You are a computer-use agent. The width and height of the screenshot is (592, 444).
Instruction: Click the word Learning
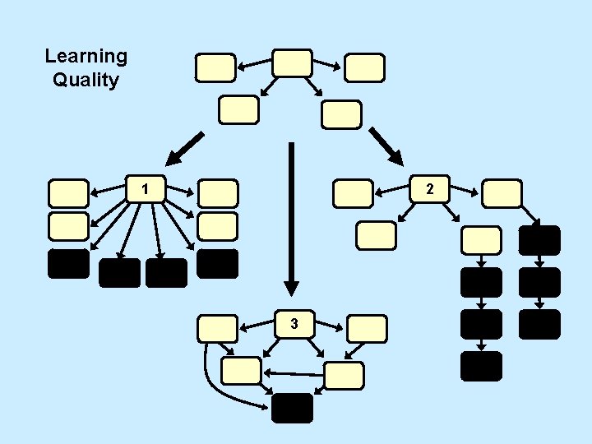[86, 57]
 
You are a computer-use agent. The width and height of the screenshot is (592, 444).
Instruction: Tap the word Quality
[86, 81]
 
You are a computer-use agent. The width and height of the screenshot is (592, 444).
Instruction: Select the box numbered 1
[145, 189]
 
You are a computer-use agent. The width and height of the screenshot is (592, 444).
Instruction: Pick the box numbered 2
[429, 190]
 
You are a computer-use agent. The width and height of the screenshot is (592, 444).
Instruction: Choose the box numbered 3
[294, 325]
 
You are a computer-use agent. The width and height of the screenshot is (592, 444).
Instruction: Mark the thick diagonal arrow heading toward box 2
[385, 144]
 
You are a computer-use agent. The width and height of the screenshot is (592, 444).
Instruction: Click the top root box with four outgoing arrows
[292, 62]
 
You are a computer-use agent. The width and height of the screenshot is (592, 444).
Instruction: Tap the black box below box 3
[293, 408]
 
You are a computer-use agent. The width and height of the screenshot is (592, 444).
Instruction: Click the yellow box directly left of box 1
[68, 192]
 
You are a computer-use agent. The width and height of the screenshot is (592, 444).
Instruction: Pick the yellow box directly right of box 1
[218, 193]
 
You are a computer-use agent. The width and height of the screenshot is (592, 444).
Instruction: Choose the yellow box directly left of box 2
[353, 193]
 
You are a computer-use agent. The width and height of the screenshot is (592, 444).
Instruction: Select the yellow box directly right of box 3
[366, 328]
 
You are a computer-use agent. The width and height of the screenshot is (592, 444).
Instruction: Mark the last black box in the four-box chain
[481, 366]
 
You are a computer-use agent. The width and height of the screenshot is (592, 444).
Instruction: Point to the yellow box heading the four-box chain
[481, 239]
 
